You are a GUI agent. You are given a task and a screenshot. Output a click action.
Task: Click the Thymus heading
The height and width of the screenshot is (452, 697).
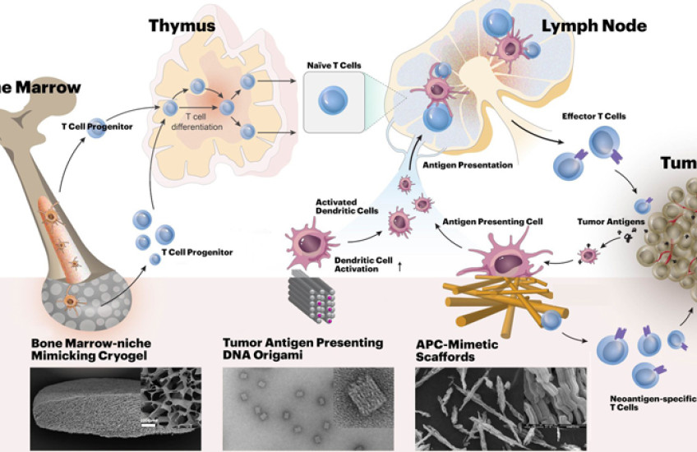tap(182, 25)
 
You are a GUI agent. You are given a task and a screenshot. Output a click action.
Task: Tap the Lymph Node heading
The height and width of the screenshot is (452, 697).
tap(593, 25)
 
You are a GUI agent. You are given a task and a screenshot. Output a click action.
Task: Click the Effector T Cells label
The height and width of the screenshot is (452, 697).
tap(593, 117)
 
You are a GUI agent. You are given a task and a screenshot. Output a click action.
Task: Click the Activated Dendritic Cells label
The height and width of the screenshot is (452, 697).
tap(347, 205)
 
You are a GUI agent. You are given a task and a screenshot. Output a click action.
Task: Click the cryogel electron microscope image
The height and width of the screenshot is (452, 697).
tap(115, 408)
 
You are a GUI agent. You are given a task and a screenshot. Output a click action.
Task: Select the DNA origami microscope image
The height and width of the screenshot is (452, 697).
tap(307, 408)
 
